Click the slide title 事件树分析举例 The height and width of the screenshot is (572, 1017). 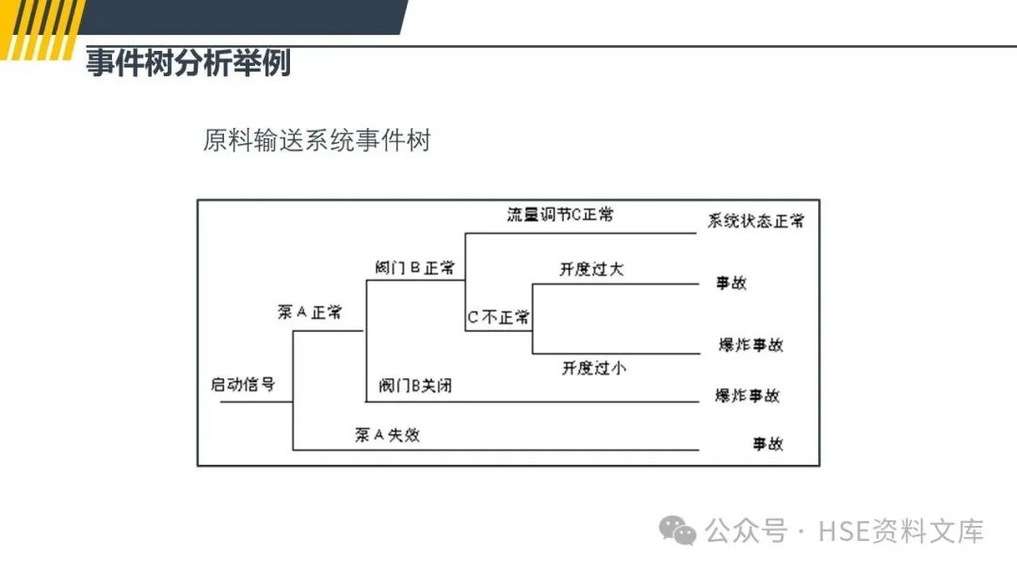pos(188,64)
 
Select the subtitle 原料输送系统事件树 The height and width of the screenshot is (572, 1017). pos(316,141)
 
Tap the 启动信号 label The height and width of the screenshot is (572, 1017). pos(243,384)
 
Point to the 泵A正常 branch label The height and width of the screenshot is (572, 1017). pos(309,312)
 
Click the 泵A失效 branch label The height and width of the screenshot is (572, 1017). pos(387,435)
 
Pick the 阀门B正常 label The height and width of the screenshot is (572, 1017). pos(414,267)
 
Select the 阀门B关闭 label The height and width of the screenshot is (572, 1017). pos(415,386)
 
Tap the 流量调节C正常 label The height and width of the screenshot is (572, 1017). pos(560,214)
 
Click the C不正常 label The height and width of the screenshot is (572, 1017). pos(499,317)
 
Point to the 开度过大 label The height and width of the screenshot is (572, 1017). pos(591,269)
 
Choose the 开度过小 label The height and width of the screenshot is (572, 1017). pos(593,368)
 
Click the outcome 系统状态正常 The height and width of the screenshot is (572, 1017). pos(756,222)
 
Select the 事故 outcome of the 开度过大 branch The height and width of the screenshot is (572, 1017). pos(731,282)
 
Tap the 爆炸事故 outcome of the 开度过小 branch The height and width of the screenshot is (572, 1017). pos(751,344)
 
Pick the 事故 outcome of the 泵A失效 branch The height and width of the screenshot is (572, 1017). pos(767,443)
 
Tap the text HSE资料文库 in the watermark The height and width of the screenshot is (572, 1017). pos(901,532)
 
